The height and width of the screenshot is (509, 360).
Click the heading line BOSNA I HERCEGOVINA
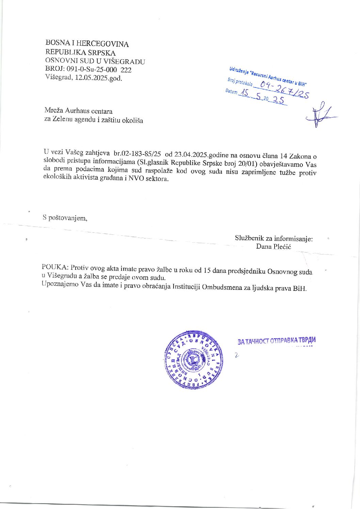[x=87, y=44]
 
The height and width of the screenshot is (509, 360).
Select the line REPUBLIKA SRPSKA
[x=81, y=53]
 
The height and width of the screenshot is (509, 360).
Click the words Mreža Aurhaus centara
[x=78, y=111]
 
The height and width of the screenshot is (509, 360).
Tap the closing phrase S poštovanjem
[x=65, y=218]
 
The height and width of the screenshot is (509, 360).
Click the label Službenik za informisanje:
[x=274, y=239]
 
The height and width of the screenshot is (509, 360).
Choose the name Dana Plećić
[x=274, y=246]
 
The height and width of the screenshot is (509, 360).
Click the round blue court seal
[x=194, y=359]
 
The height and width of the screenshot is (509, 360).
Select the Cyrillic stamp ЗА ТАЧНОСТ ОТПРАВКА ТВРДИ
[x=277, y=341]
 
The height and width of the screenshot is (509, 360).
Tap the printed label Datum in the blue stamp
[x=231, y=91]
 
